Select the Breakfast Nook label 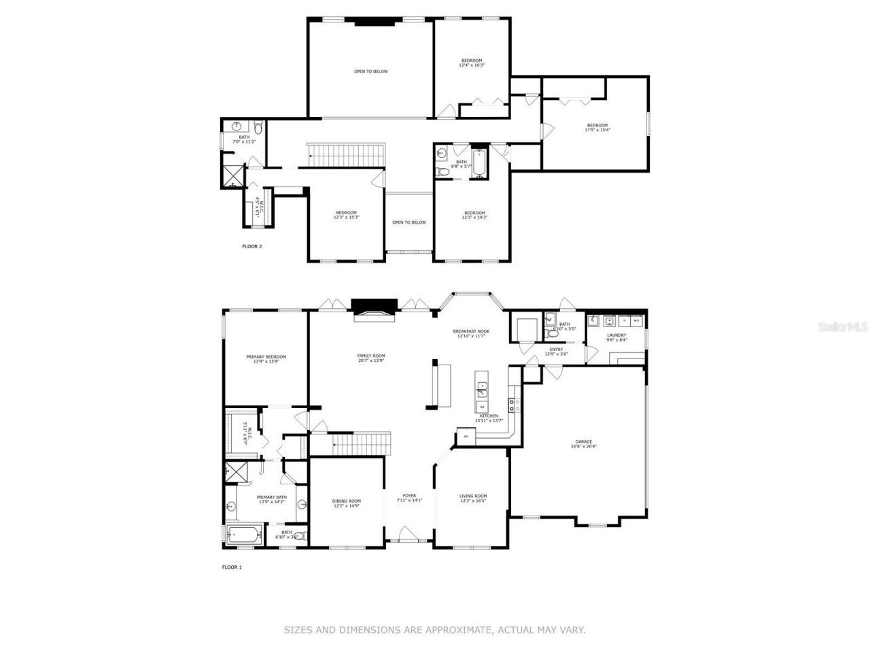(471, 333)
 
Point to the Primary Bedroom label (266, 359)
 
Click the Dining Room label (347, 503)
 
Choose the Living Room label (473, 499)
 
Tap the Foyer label (409, 498)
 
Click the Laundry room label (616, 337)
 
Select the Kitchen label (489, 418)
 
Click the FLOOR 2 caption (251, 246)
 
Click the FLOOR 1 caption (232, 567)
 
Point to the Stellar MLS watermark (843, 326)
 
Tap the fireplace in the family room (372, 308)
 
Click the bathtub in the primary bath (243, 536)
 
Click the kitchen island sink (482, 389)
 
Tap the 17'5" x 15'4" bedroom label (597, 127)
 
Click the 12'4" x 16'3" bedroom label (472, 63)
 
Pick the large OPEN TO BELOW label (370, 71)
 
